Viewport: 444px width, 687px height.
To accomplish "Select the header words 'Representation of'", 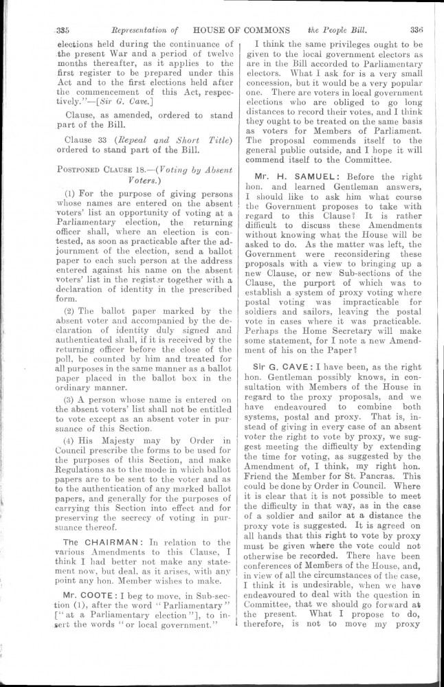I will click(x=145, y=30).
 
